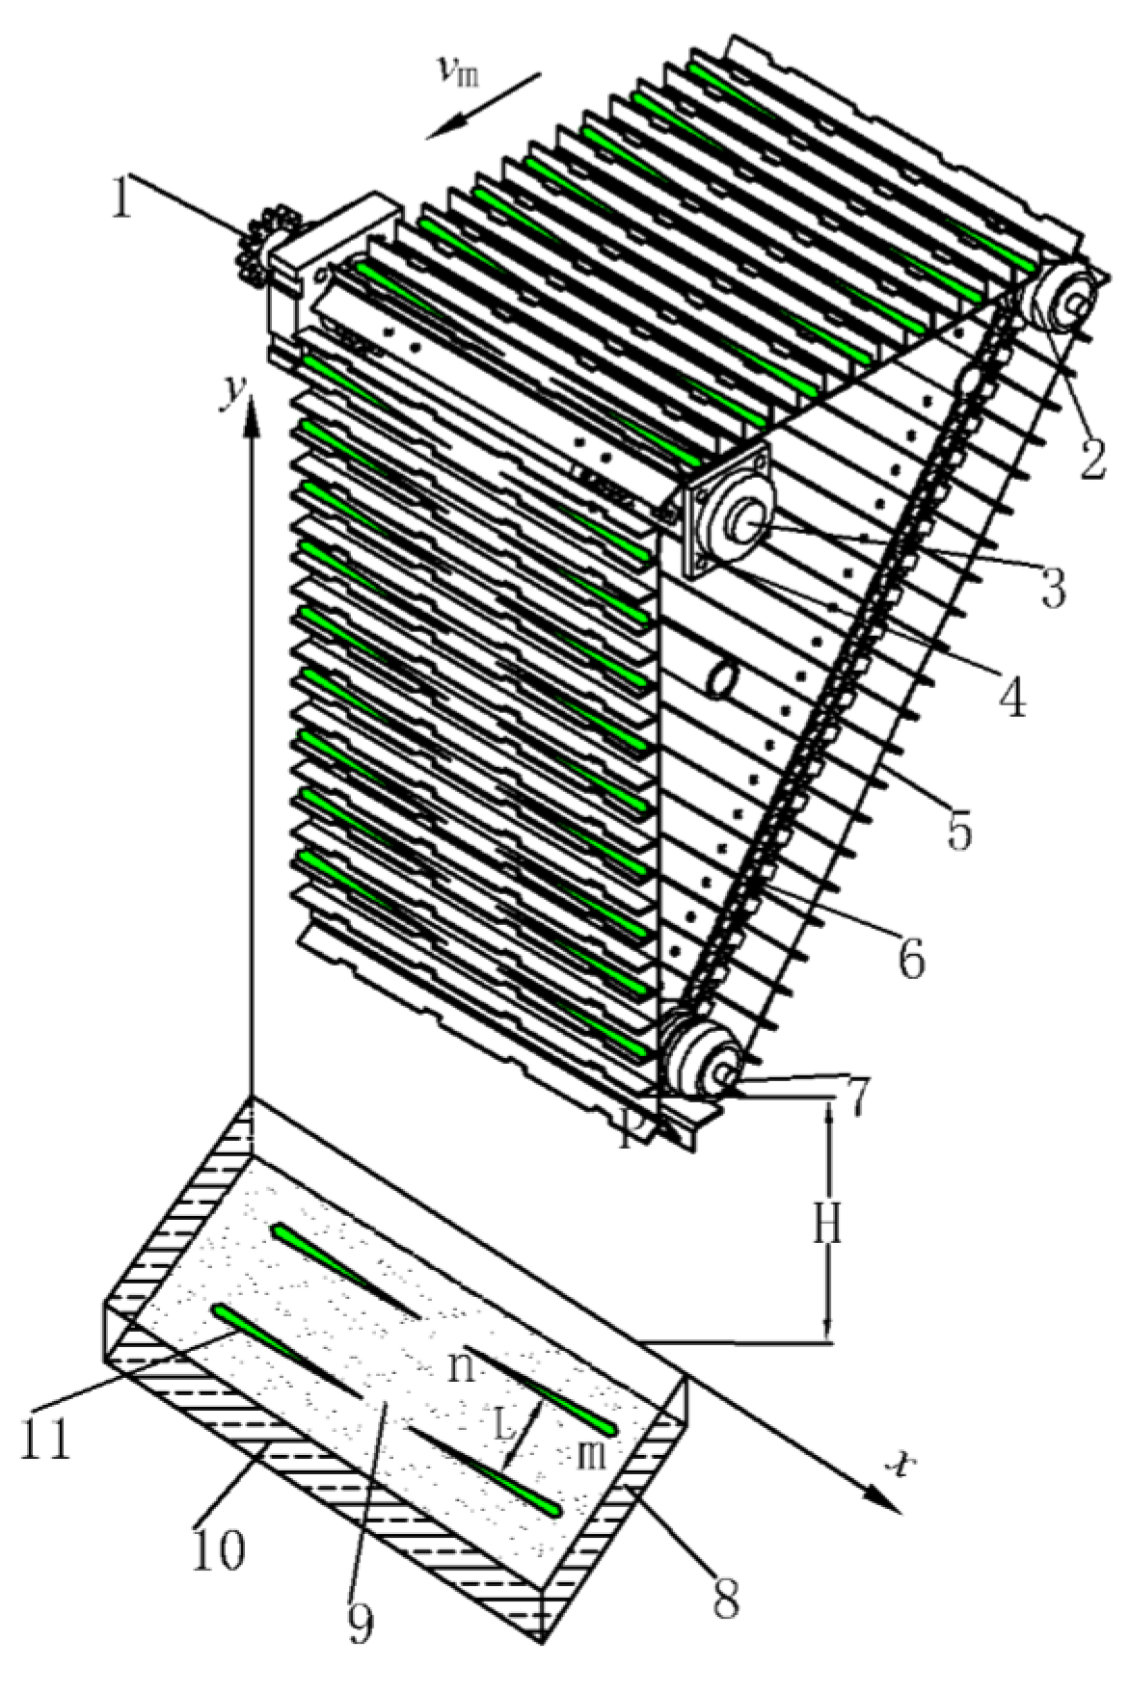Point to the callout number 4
[x=1010, y=694]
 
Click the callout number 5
[x=958, y=829]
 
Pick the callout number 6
[x=911, y=958]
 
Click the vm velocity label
[x=461, y=74]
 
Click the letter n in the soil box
[x=464, y=1366]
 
